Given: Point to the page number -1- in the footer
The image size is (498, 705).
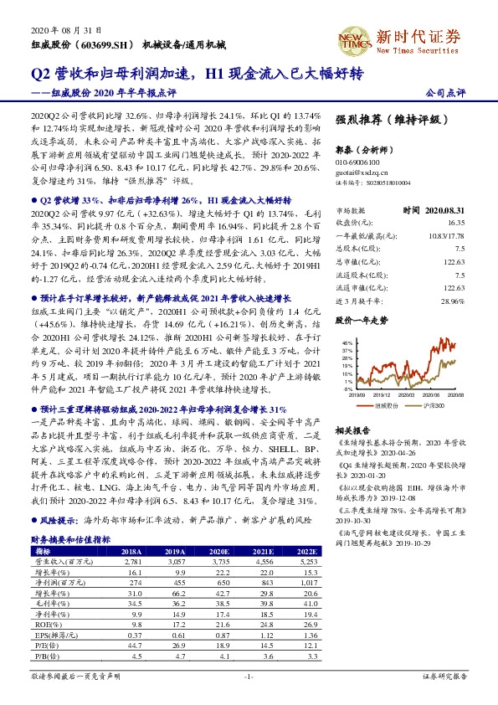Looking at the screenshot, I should click(249, 676).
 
